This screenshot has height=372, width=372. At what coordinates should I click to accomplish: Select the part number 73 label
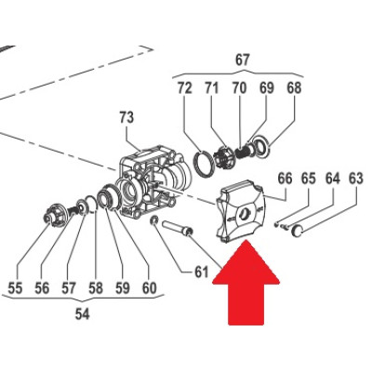coord(126,117)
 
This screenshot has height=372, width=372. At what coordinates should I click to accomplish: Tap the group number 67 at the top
coord(242,60)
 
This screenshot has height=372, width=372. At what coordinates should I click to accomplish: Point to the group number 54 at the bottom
coord(82,314)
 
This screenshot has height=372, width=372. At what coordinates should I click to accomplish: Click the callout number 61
coord(201,272)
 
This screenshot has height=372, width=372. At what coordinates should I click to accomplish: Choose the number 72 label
coord(185,88)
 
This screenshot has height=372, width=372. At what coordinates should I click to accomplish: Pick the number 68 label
coord(294,88)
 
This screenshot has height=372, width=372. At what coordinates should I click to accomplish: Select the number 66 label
coord(285,179)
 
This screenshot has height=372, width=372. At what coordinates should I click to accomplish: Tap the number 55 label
coord(15,288)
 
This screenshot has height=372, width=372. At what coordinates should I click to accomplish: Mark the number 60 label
coord(149,288)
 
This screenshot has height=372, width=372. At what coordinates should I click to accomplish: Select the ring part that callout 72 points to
coord(204,164)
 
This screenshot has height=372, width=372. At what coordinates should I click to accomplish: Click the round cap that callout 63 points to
coord(297,231)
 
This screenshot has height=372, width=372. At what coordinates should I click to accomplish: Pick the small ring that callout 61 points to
coord(153,220)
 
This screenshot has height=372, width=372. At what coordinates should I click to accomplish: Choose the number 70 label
coord(240,88)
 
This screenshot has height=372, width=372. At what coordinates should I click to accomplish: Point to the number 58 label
coord(96,288)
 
